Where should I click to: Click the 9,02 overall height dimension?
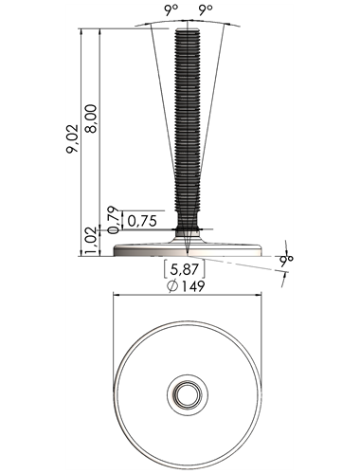[72, 139]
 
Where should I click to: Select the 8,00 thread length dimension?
[92, 118]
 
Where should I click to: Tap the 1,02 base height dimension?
[92, 242]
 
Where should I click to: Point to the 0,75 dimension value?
[142, 221]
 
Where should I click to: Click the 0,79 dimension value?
[114, 220]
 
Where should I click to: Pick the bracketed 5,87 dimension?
[185, 269]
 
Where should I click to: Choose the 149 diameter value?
[192, 286]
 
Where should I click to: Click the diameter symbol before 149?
[172, 286]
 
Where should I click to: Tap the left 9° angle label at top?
[171, 10]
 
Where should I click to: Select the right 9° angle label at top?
[206, 10]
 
